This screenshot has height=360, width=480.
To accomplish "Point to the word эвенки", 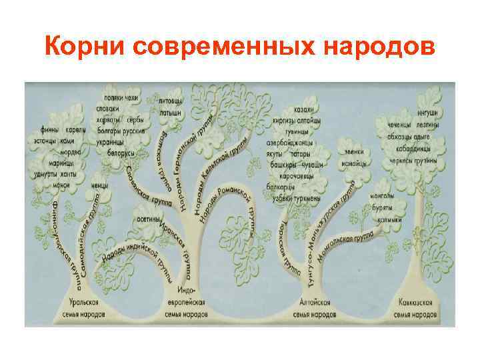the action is click(x=355, y=151).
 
